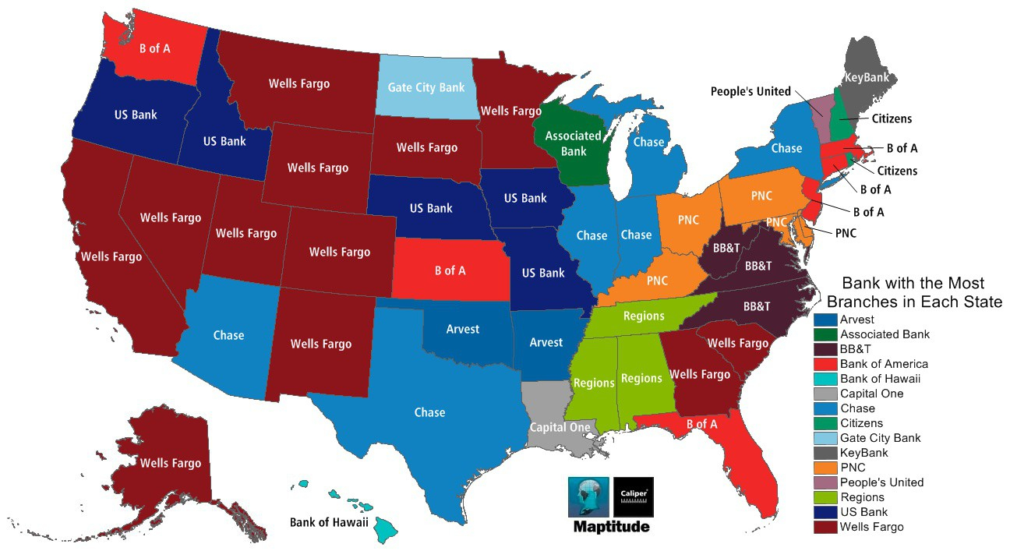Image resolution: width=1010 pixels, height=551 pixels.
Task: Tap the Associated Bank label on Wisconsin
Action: point(573,143)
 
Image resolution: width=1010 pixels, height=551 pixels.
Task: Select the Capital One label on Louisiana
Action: point(559,427)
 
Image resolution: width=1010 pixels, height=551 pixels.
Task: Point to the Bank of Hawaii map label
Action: point(328,522)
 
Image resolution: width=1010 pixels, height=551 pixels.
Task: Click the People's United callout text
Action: point(750,91)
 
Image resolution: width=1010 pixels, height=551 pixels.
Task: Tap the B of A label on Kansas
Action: point(450,270)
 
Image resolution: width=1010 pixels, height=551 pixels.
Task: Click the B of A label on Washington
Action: point(154,48)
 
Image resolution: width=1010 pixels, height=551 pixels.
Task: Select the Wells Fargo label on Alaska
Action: point(170,463)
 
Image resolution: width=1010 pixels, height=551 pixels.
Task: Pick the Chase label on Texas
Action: point(429,412)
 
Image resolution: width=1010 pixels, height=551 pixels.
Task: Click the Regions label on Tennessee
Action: point(643,316)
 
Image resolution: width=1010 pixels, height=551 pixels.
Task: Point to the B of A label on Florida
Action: point(701,424)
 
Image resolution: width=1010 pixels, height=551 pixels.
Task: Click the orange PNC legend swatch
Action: point(825,468)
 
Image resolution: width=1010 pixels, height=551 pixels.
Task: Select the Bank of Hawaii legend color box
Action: point(825,379)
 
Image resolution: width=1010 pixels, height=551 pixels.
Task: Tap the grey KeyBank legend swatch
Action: point(825,453)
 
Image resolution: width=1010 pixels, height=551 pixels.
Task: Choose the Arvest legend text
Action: point(857,320)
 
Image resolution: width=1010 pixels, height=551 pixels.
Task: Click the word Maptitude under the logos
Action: point(611,528)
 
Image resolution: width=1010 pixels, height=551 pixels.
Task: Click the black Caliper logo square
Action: point(634,497)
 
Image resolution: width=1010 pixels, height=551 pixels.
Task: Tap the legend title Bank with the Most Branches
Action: point(913,292)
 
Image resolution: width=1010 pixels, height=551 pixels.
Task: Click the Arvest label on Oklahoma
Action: point(462,329)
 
